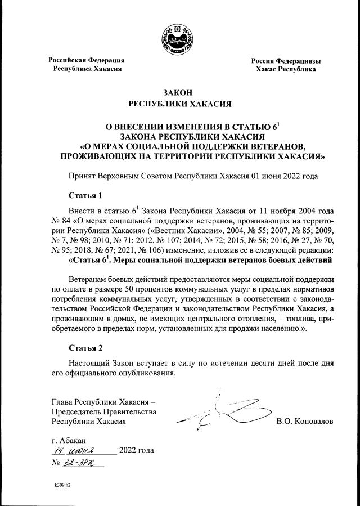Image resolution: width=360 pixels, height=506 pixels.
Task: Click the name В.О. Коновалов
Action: click(x=304, y=421)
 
